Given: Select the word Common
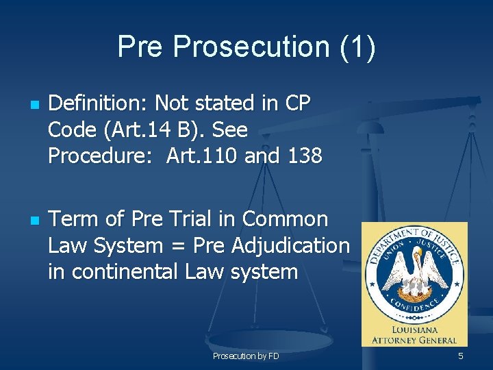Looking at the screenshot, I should click(x=285, y=219).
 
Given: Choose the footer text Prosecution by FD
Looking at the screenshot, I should click(x=246, y=356).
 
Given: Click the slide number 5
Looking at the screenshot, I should click(x=461, y=356).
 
